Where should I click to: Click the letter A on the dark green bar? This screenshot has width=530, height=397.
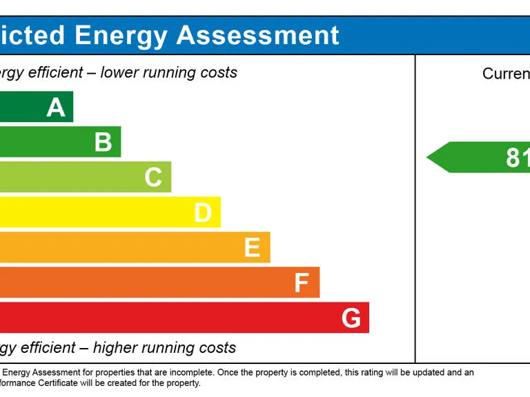click(56, 108)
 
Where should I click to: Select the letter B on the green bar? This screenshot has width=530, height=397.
click(103, 142)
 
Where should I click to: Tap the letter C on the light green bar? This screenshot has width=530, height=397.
click(153, 177)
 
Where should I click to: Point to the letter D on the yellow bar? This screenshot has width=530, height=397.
click(202, 213)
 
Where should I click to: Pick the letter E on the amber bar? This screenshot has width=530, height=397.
click(252, 247)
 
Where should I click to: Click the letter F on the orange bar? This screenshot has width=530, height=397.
click(302, 283)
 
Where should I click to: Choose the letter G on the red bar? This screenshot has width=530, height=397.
click(351, 318)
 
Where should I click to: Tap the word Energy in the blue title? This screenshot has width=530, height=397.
click(120, 35)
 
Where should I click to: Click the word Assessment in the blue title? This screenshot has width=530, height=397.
click(258, 35)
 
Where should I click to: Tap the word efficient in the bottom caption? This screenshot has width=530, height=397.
click(48, 347)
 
